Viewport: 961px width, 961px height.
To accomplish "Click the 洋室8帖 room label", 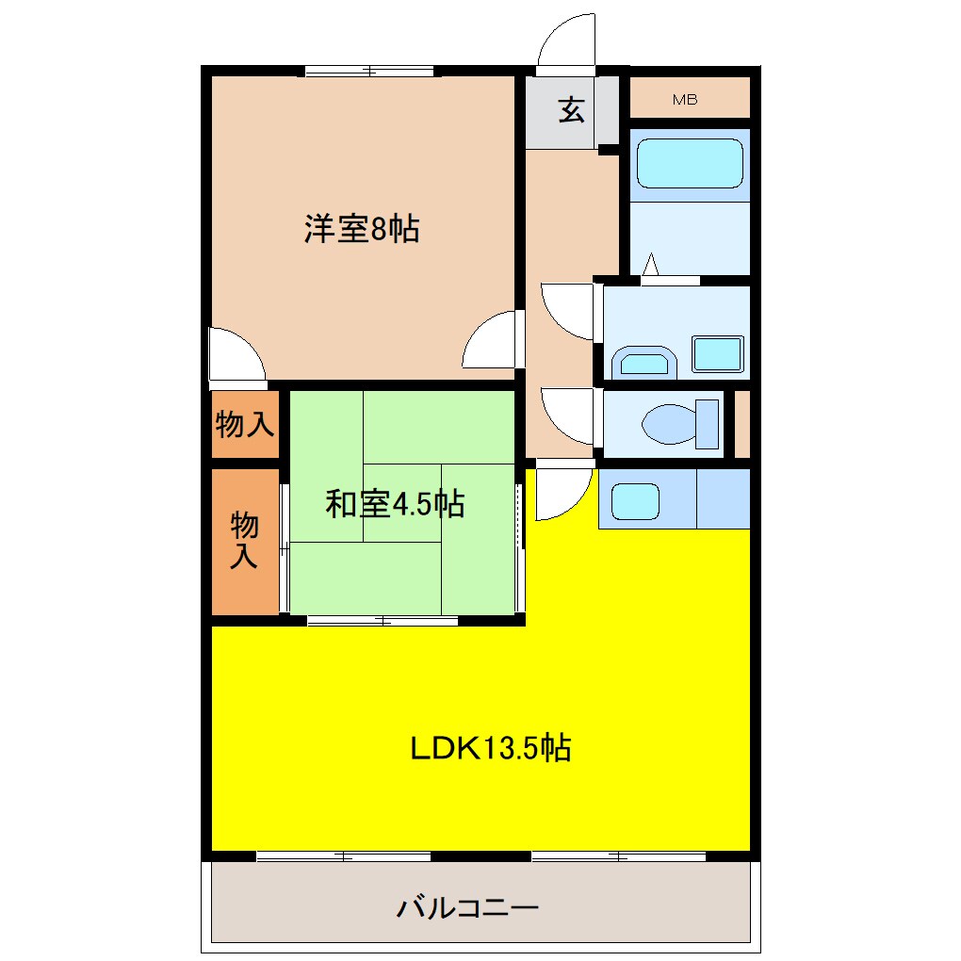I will [x=361, y=230].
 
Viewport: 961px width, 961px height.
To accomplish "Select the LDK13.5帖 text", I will [x=490, y=748].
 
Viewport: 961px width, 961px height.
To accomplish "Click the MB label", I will [x=685, y=100].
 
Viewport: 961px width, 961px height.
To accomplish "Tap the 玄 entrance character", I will [x=571, y=110].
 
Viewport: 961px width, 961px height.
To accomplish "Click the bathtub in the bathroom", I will [x=690, y=164].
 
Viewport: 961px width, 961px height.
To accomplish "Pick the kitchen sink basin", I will [x=634, y=501].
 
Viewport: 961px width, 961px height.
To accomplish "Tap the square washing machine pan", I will [x=718, y=352].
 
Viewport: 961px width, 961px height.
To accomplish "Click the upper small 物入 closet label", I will [x=245, y=426].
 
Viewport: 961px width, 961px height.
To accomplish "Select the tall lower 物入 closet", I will [x=245, y=541].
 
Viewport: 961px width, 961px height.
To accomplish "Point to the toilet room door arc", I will [x=568, y=415].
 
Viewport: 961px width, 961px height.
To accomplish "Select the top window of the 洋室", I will [x=369, y=70].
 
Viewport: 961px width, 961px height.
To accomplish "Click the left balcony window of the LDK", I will [x=344, y=856].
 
